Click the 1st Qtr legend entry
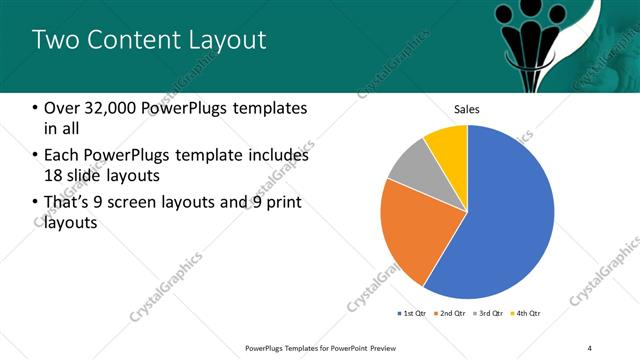click(411, 314)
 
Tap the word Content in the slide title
click(127, 40)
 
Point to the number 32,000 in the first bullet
click(116, 108)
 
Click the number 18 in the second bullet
click(54, 177)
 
